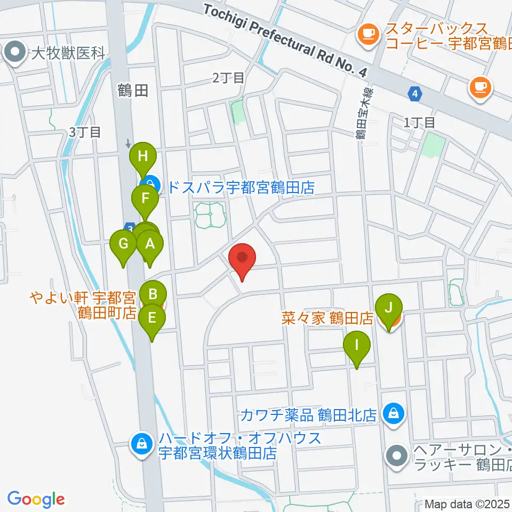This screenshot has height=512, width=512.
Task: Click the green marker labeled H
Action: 142,157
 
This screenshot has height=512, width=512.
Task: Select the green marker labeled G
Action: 123,245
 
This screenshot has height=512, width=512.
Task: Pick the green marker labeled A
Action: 150,245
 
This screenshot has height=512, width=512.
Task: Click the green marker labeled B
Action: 153,293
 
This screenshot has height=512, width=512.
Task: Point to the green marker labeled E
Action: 152,318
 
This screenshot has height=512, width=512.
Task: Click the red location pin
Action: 243,259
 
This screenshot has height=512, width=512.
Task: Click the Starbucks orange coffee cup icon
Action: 366,34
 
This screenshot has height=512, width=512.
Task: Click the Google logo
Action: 36,499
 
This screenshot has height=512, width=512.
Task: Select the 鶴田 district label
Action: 133,91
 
